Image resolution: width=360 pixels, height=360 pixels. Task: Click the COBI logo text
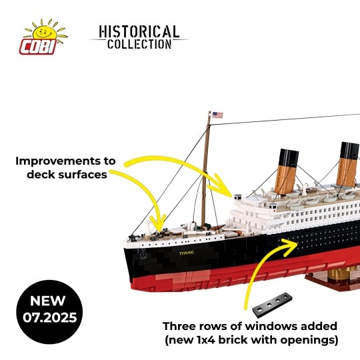pos(39,47)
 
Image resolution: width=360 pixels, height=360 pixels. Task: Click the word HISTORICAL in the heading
pos(139,31)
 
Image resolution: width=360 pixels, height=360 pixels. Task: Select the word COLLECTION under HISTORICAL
pos(139,44)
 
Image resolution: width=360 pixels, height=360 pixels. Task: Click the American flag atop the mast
pos(217,115)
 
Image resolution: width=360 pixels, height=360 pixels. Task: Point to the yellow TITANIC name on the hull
pos(187,253)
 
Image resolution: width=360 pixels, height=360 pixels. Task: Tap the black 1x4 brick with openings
pos(272,305)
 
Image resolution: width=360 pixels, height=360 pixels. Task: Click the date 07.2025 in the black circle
pos(49,318)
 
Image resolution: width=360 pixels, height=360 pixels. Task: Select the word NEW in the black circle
pos(47,301)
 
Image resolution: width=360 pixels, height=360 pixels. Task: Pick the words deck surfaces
pos(67,175)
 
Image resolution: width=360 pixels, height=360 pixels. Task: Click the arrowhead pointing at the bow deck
pos(159,223)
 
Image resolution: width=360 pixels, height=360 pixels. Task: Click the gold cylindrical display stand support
pos(340,274)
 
